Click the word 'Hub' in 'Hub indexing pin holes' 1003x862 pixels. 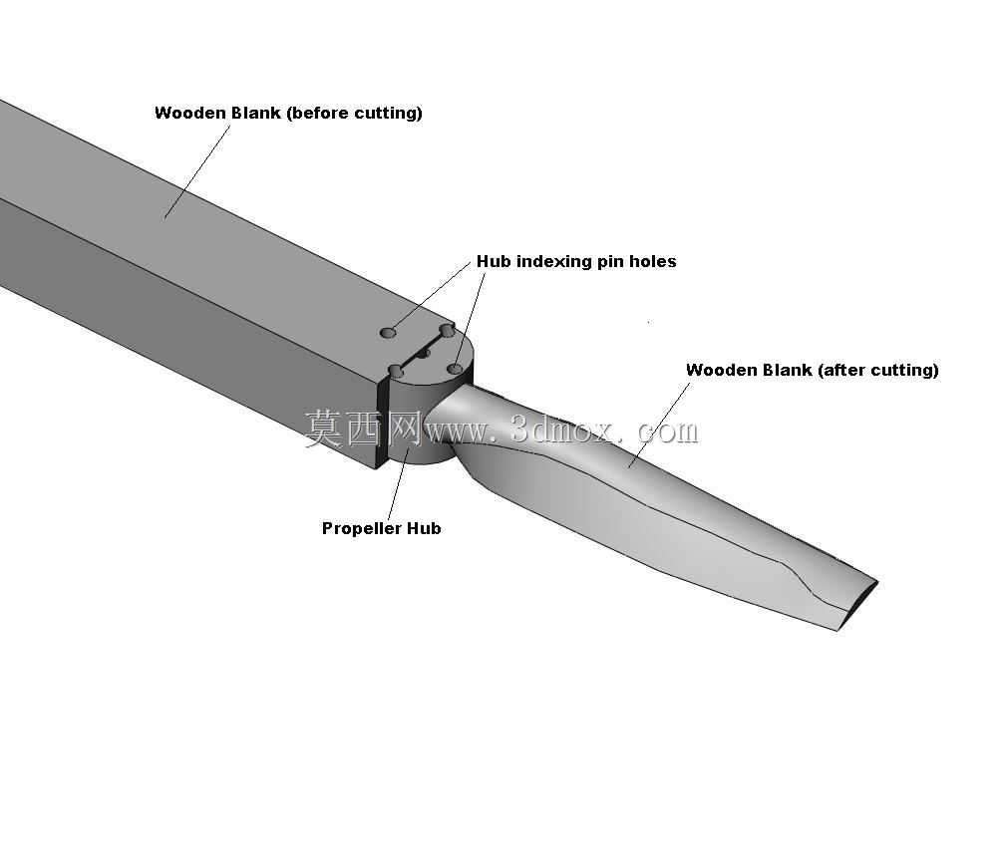494,261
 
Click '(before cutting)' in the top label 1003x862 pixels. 354,114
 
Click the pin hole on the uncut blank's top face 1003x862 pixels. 387,333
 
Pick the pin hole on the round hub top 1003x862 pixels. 456,369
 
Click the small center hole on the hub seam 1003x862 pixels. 423,354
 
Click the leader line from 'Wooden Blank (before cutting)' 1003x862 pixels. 197,172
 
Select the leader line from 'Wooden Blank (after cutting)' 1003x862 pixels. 660,426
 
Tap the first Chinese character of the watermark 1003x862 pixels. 324,429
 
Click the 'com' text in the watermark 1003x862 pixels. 668,432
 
